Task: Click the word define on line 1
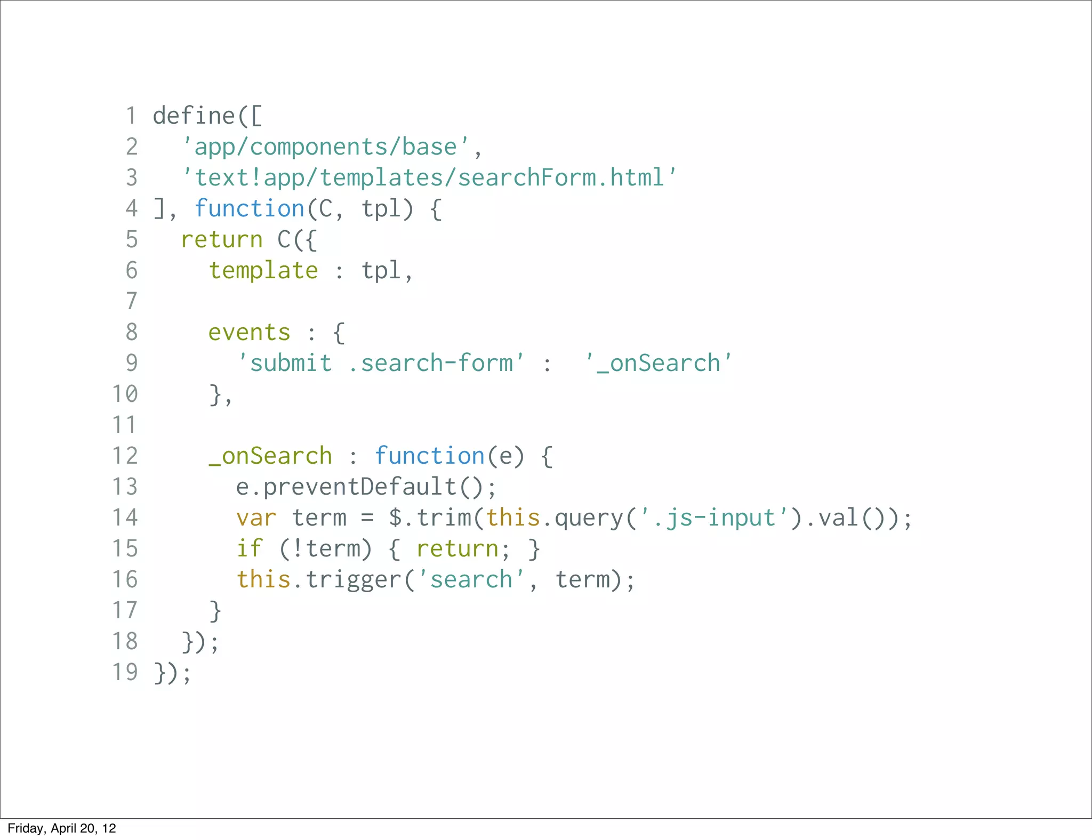(194, 116)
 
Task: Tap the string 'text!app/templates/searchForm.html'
(429, 178)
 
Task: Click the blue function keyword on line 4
(250, 209)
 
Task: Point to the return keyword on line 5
(222, 240)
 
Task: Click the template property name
(263, 271)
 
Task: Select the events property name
(249, 333)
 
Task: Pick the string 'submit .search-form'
(381, 364)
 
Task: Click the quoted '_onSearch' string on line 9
(658, 364)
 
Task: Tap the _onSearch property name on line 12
(270, 456)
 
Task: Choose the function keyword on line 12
(429, 456)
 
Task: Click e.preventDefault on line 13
(347, 487)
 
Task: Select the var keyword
(256, 518)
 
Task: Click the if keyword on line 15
(250, 549)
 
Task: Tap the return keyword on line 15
(457, 549)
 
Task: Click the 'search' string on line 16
(471, 580)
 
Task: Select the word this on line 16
(263, 580)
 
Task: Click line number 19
(125, 673)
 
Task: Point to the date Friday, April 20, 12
(62, 828)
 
